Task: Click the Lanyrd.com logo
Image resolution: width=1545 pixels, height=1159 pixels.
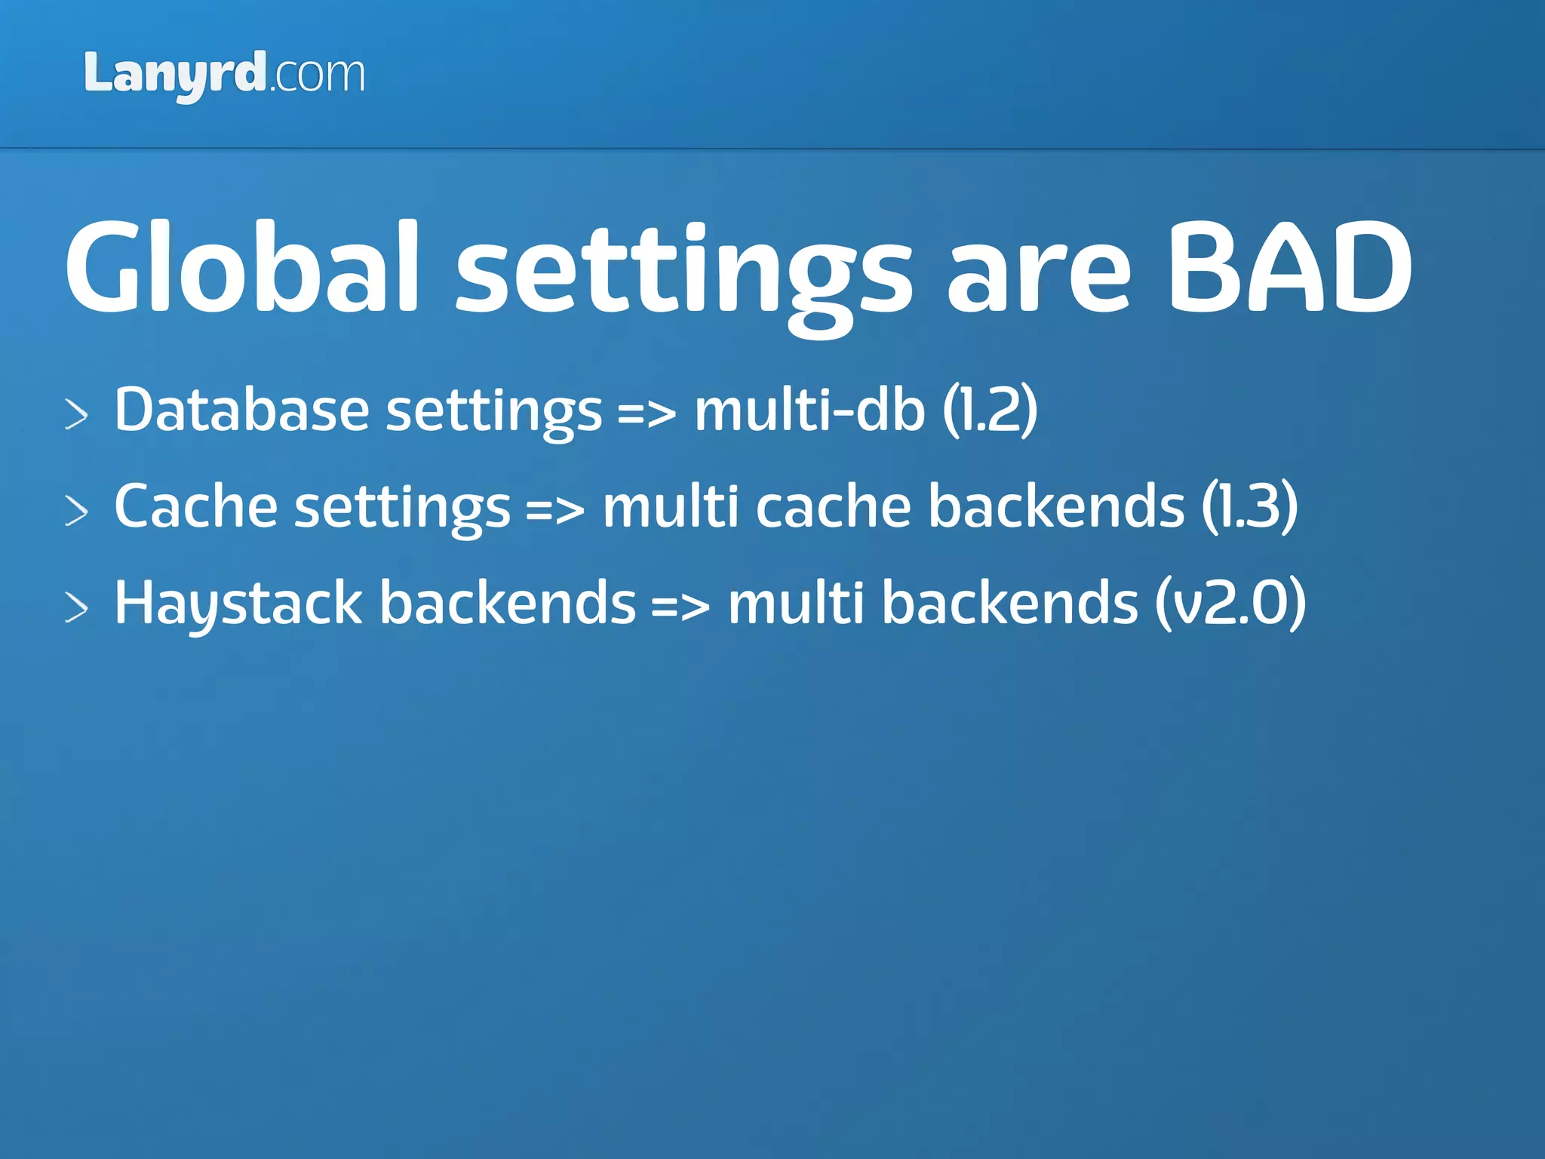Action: [x=224, y=75]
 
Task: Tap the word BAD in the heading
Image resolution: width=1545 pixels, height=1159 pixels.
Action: [x=1289, y=268]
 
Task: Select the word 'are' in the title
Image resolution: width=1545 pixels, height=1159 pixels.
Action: [x=1039, y=275]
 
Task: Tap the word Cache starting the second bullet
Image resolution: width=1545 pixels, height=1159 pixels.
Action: [x=195, y=506]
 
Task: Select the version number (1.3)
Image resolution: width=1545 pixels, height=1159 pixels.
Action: [x=1249, y=506]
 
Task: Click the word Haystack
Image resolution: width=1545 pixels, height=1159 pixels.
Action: [x=238, y=604]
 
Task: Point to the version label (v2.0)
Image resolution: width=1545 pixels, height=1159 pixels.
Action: [x=1230, y=604]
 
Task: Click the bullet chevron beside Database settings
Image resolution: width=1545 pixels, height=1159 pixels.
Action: [x=76, y=414]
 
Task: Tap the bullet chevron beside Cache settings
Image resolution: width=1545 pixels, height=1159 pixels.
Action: [x=76, y=511]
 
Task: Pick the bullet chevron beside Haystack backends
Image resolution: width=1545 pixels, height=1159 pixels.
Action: [x=76, y=608]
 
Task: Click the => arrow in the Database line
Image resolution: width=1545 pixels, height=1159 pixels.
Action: [x=647, y=414]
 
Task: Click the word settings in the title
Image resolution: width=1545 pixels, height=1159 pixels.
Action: [x=684, y=275]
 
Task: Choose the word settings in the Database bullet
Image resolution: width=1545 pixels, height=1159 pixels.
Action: [x=493, y=413]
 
